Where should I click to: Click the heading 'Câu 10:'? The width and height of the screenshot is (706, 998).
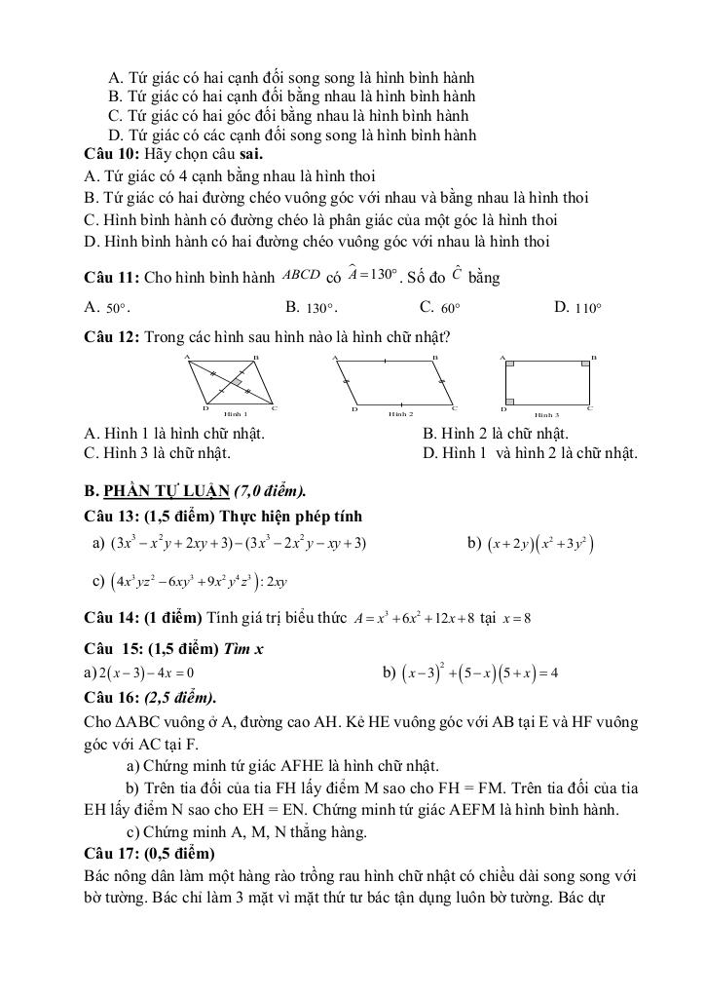pos(112,154)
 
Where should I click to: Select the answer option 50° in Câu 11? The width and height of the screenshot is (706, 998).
pos(118,309)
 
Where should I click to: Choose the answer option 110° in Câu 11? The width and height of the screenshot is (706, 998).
pos(588,309)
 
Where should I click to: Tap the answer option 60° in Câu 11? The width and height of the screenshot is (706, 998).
pos(450,309)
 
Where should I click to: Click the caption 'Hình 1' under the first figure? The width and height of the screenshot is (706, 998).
pos(236,414)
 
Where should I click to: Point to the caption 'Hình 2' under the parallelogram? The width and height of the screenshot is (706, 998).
pos(401,414)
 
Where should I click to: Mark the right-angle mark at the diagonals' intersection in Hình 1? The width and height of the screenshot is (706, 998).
pos(237,385)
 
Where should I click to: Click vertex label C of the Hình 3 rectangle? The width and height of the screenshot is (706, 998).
pos(589,408)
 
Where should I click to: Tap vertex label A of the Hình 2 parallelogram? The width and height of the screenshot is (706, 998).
pos(334,359)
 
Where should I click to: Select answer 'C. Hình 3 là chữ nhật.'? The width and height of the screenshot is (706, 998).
pos(158,452)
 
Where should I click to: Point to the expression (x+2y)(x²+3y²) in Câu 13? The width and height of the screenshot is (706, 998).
pos(541,543)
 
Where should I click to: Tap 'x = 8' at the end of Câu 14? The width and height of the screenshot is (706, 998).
pos(513,619)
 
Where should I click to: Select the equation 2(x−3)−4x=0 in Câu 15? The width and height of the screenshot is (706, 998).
pos(145,672)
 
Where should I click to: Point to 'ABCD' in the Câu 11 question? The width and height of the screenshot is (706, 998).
pos(301,275)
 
